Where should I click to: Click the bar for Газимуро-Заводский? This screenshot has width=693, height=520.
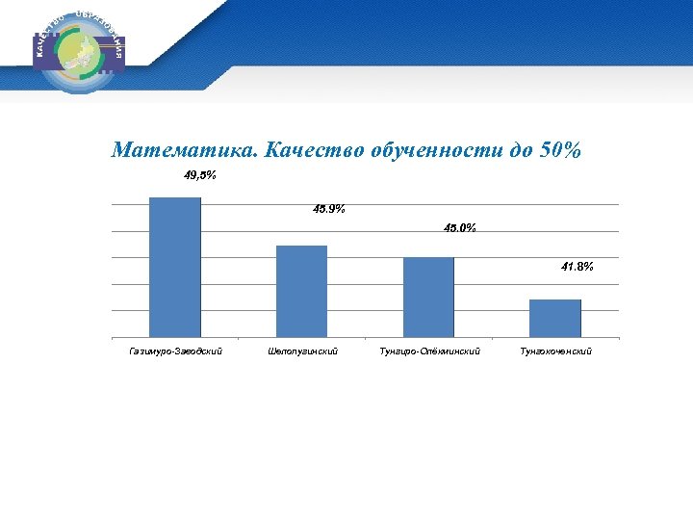pyautogui.click(x=175, y=267)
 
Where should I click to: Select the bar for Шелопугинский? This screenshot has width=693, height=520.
pyautogui.click(x=301, y=291)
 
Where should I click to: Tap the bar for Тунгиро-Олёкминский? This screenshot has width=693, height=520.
pyautogui.click(x=428, y=297)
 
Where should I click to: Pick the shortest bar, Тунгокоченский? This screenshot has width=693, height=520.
pyautogui.click(x=555, y=318)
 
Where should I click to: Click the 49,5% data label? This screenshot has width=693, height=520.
pyautogui.click(x=200, y=175)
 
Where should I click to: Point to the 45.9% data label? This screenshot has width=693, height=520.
pyautogui.click(x=329, y=209)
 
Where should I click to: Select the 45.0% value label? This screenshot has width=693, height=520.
pyautogui.click(x=459, y=228)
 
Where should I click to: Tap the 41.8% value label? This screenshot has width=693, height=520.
pyautogui.click(x=577, y=268)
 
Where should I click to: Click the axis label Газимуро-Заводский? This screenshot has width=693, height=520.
pyautogui.click(x=175, y=351)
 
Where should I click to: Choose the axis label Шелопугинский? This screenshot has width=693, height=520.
pyautogui.click(x=302, y=351)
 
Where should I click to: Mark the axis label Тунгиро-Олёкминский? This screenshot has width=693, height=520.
pyautogui.click(x=429, y=351)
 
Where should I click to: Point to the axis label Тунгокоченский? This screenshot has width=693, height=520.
pyautogui.click(x=556, y=351)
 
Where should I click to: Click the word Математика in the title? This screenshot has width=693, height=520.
pyautogui.click(x=184, y=150)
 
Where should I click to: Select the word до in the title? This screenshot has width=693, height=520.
pyautogui.click(x=513, y=150)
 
